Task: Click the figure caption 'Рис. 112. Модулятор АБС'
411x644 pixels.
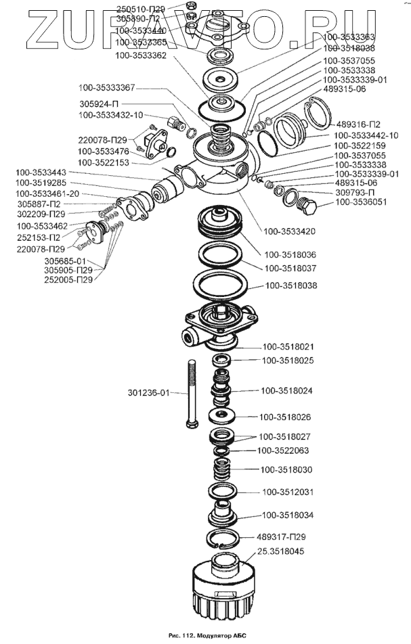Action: pyautogui.click(x=205, y=637)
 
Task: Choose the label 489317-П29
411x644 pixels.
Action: pyautogui.click(x=286, y=536)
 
